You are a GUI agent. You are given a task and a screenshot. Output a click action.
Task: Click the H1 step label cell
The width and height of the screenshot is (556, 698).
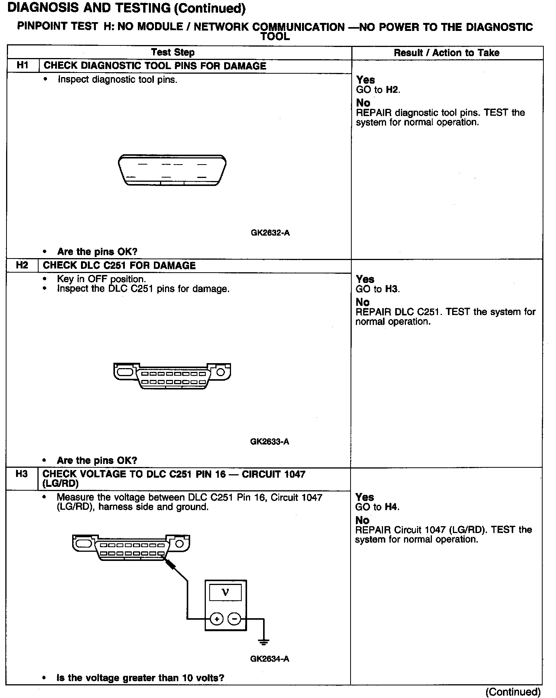point(23,65)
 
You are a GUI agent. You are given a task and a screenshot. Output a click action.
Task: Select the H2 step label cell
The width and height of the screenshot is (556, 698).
point(22,265)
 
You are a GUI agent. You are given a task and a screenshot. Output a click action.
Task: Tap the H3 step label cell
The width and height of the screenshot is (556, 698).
point(22,474)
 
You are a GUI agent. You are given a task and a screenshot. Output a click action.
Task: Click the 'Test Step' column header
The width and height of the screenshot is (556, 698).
point(173,52)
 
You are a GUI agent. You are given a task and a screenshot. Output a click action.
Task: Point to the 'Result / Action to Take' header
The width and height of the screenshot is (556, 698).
point(446,53)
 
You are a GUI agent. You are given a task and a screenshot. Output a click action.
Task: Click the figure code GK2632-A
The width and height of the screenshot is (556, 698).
point(270,233)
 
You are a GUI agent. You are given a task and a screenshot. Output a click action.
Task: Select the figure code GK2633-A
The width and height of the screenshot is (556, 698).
point(270,442)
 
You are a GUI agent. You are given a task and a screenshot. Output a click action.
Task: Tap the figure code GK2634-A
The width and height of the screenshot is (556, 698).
point(270,659)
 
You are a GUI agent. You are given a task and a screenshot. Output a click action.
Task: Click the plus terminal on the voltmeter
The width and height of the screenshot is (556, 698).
point(217,619)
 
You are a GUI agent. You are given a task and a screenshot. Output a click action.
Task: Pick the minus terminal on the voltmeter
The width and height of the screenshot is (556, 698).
point(234,619)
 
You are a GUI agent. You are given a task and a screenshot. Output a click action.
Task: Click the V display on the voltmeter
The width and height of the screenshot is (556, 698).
point(225,593)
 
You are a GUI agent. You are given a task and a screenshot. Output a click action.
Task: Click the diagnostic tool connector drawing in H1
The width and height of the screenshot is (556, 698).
point(172,170)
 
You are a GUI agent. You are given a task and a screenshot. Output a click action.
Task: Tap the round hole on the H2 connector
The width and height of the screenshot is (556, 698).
point(221,372)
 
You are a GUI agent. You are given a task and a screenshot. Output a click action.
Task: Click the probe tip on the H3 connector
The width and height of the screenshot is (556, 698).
point(166,558)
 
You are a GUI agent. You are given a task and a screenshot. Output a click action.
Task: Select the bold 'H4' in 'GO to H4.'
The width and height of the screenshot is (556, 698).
point(392,507)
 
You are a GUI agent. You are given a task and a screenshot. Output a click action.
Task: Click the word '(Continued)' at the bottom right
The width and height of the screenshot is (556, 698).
point(513,692)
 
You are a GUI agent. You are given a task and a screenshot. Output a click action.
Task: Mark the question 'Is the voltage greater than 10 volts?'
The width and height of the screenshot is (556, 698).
point(140,678)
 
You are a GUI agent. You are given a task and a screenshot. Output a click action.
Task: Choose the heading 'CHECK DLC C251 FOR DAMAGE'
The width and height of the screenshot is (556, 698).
point(119,265)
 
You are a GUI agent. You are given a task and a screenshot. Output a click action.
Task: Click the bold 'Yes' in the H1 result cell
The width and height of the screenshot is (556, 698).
point(365,80)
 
